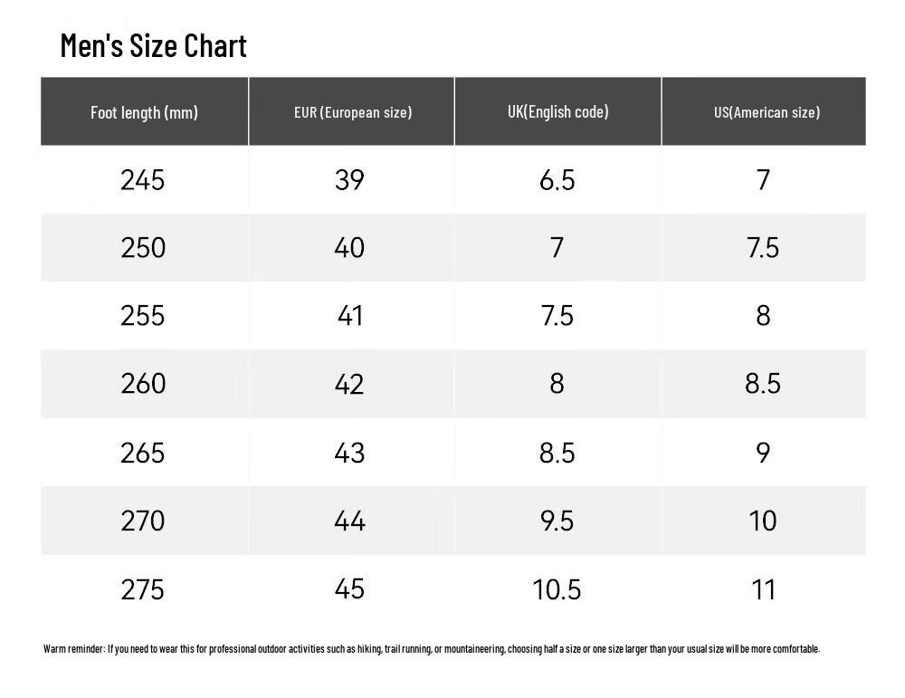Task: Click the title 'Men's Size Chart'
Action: (x=154, y=45)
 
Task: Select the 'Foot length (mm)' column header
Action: (x=144, y=112)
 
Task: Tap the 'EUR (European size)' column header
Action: (x=353, y=112)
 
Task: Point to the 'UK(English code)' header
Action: (x=558, y=111)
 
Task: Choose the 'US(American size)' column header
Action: (x=767, y=112)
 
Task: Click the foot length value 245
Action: (x=143, y=180)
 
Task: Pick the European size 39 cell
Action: (x=349, y=180)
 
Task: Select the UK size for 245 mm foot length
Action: (x=557, y=180)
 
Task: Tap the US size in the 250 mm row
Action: (x=762, y=248)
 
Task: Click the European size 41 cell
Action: (x=349, y=316)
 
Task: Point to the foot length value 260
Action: (x=143, y=383)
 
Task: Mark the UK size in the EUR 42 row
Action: (x=557, y=383)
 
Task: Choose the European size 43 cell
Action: (x=349, y=453)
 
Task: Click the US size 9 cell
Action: (x=762, y=453)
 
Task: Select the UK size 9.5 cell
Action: (x=557, y=521)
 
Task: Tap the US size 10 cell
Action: (x=762, y=521)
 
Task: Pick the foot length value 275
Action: (x=143, y=589)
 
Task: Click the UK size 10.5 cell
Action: (x=557, y=589)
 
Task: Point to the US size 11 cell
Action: (x=763, y=589)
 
